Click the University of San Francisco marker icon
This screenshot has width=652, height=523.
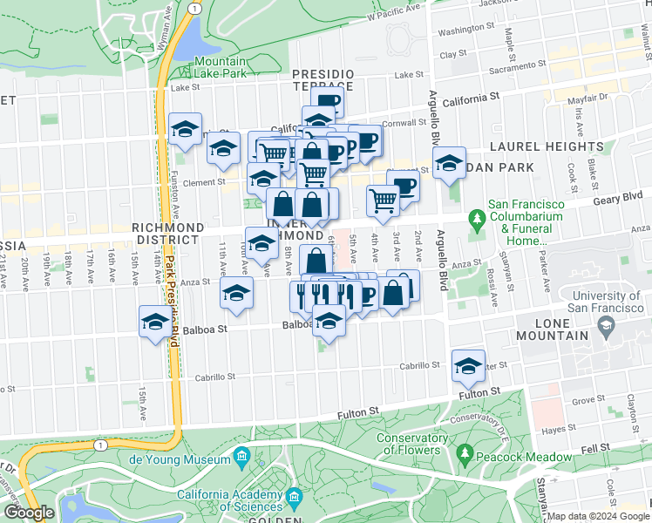[604, 326]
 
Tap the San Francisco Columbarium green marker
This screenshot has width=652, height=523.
[476, 217]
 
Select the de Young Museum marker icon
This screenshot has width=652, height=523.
[241, 456]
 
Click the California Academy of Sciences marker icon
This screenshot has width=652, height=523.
[295, 499]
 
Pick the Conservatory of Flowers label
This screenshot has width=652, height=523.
[408, 444]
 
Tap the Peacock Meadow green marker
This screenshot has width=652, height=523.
[465, 453]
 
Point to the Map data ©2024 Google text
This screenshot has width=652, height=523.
[598, 516]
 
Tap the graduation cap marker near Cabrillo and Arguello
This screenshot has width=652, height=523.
[468, 365]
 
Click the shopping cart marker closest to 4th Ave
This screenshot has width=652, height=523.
[383, 200]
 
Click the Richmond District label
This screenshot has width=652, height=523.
[166, 233]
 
